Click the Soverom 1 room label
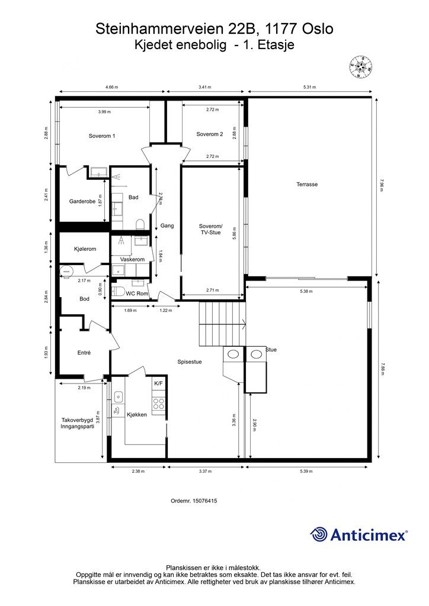pos(102,136)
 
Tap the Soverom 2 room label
pos(209,134)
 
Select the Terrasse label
pos(307,184)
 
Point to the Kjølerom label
pos(85,249)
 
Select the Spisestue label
pos(190,362)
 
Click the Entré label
pos(84,353)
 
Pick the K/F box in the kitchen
pos(158,384)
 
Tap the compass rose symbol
pos(360,67)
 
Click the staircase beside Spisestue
pos(220,323)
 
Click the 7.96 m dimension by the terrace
pos(382,185)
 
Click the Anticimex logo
pos(359,535)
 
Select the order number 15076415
pos(194,501)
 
